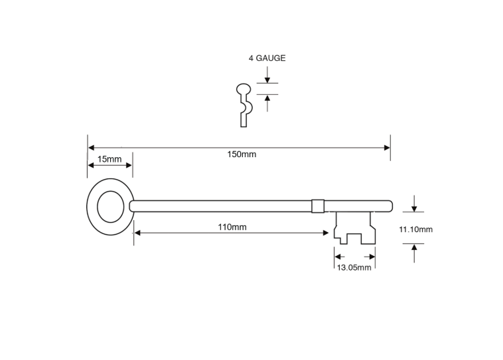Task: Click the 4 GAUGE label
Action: coord(267,58)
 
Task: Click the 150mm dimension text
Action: coord(242,154)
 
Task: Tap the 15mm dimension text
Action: coord(109,159)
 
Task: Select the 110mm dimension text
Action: coord(232,227)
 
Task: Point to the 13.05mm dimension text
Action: coord(354,267)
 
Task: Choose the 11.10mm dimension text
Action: coord(416,229)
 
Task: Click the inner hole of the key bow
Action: coord(110,207)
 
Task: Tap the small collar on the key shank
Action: coord(318,206)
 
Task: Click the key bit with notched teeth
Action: coord(354,228)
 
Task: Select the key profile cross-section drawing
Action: coord(244,105)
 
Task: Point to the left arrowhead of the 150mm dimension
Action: coord(91,147)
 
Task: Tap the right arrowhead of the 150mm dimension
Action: coord(387,148)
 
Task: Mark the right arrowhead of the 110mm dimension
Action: coord(325,233)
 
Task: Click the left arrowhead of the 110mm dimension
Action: coord(137,233)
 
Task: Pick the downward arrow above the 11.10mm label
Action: coord(414,204)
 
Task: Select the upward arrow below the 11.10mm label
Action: coord(414,253)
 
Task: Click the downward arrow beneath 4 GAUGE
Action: coord(267,75)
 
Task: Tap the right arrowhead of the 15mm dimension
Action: coord(129,165)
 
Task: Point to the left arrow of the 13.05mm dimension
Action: coord(339,257)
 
